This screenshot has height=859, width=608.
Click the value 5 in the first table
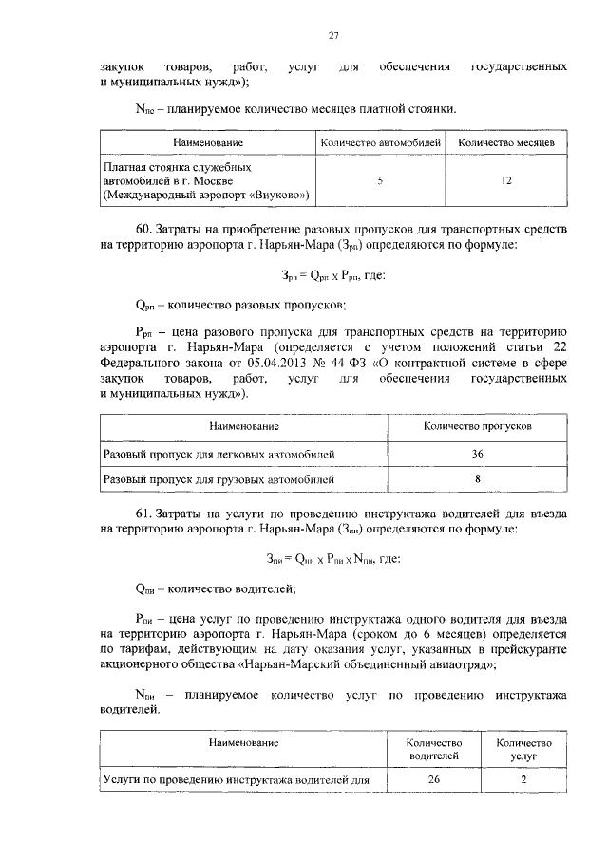380,180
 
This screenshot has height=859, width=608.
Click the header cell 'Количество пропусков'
477,426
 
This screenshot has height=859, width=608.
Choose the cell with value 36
477,454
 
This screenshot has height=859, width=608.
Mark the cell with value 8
477,479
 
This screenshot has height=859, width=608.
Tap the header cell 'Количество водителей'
433,749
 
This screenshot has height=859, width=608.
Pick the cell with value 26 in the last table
433,780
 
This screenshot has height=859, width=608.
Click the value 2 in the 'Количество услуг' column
523,780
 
